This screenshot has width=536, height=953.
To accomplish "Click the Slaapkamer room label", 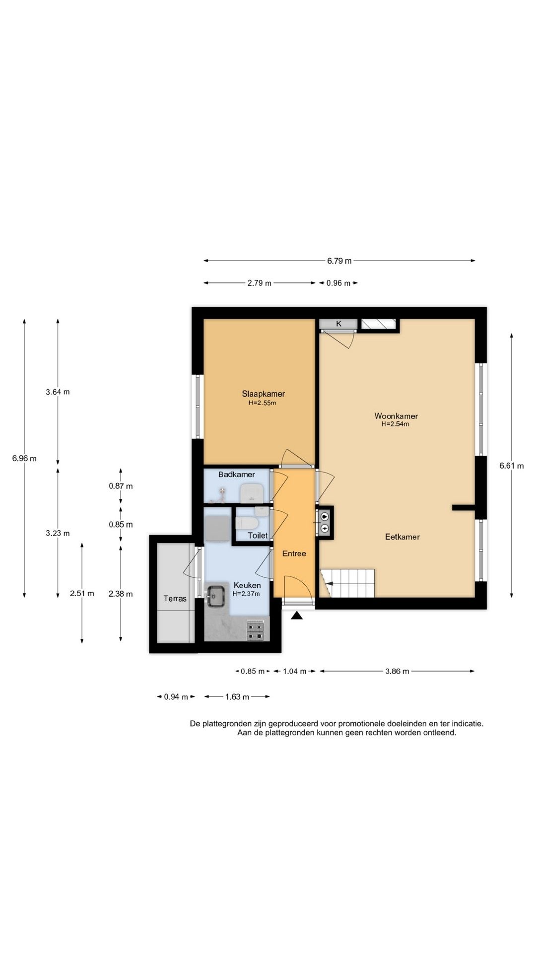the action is tap(263, 394).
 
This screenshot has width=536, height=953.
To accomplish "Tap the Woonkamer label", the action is tap(396, 416).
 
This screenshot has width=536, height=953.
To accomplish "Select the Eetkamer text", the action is tap(402, 537).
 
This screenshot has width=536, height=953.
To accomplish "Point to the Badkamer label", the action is tap(237, 475).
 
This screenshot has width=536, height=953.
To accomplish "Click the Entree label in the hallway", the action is tap(294, 553).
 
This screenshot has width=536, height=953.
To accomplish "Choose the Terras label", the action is tap(175, 599).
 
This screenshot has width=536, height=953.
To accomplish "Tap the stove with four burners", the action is tap(256, 630).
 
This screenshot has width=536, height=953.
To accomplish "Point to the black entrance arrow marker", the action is tap(297, 616).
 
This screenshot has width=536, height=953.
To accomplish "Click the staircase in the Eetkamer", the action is tap(347, 583).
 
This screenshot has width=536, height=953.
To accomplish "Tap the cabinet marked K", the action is tap(338, 324).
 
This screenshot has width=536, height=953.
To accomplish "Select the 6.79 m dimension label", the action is tap(339, 261).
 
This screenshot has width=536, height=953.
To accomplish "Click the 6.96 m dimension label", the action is tap(24, 458).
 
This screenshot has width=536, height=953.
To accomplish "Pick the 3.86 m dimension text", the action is tap(397, 671).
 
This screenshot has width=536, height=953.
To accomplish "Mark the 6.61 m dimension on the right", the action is tap(512, 466).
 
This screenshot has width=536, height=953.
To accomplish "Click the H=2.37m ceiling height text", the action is tap(246, 594).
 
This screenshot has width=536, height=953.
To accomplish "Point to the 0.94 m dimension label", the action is tap(176, 697).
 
